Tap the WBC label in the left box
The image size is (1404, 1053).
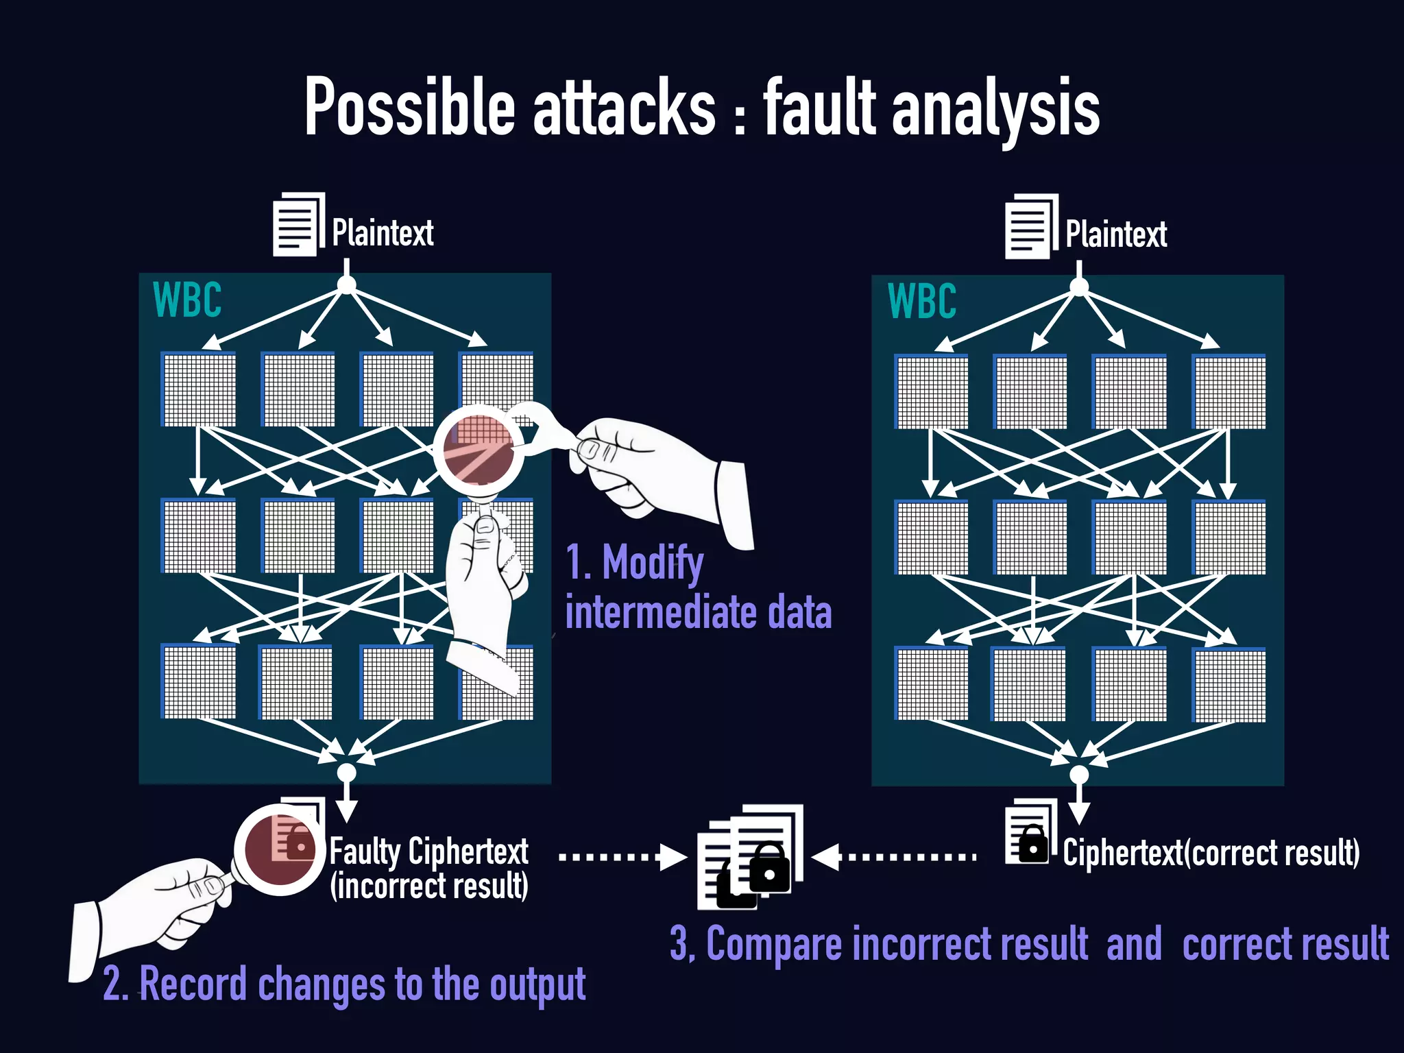[187, 300]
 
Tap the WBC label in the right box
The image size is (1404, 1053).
[921, 302]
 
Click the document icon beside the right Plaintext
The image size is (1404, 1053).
[1030, 227]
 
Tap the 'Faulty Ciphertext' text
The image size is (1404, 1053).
[428, 852]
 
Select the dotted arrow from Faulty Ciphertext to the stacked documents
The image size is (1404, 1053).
[621, 857]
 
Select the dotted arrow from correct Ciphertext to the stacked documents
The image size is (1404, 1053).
[895, 857]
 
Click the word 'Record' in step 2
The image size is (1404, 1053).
[193, 984]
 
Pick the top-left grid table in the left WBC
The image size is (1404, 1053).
[199, 389]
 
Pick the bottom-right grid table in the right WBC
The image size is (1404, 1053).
[1229, 684]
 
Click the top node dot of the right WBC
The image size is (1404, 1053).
[1079, 287]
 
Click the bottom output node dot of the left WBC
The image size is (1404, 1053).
[347, 773]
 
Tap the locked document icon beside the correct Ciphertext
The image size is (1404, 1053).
[1028, 833]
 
